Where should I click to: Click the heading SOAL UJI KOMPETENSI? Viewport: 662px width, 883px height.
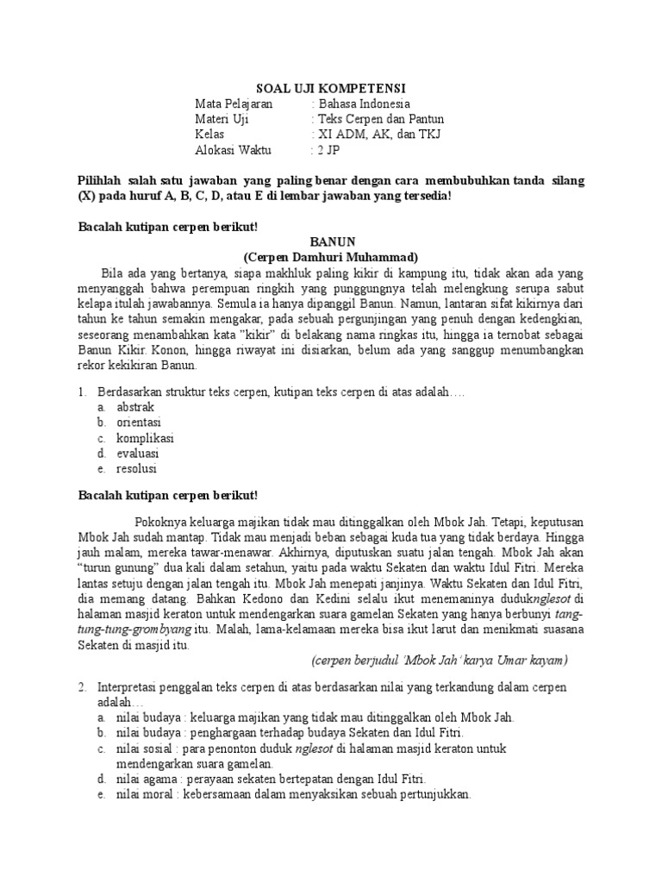pyautogui.click(x=332, y=88)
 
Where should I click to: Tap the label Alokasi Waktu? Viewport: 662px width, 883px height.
pyautogui.click(x=233, y=150)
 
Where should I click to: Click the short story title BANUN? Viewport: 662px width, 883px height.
pyautogui.click(x=331, y=243)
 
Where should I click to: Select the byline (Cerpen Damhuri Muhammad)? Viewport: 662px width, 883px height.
pyautogui.click(x=331, y=258)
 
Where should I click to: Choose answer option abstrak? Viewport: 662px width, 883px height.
pyautogui.click(x=134, y=406)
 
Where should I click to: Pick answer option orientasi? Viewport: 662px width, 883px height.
pyautogui.click(x=139, y=422)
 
